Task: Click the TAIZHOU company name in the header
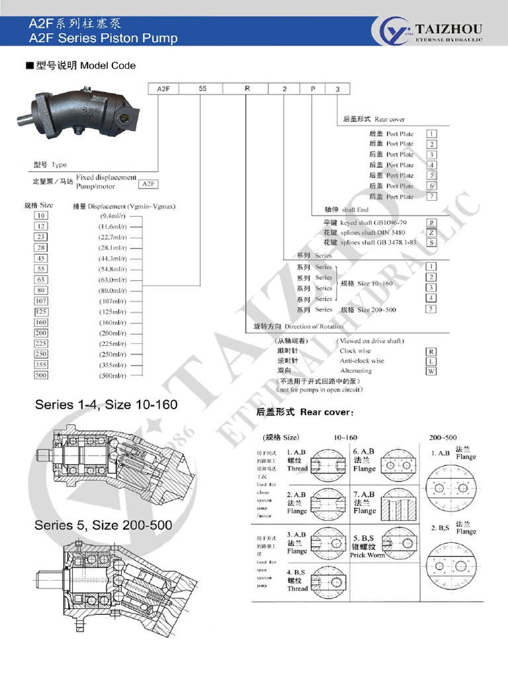pos(448,28)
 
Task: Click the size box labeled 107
pos(42,301)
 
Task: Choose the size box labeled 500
pos(42,375)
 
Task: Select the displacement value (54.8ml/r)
pos(113,268)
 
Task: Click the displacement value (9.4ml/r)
pos(112,216)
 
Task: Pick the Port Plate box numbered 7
pos(431,196)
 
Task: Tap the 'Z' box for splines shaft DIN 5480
pos(431,233)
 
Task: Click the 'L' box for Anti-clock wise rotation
pos(431,361)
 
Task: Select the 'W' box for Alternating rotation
pos(431,371)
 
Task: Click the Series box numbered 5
pos(431,309)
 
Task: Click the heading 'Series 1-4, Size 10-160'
pos(106,404)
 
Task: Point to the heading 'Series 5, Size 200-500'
pos(103,525)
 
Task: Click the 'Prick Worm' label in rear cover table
pos(367,555)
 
